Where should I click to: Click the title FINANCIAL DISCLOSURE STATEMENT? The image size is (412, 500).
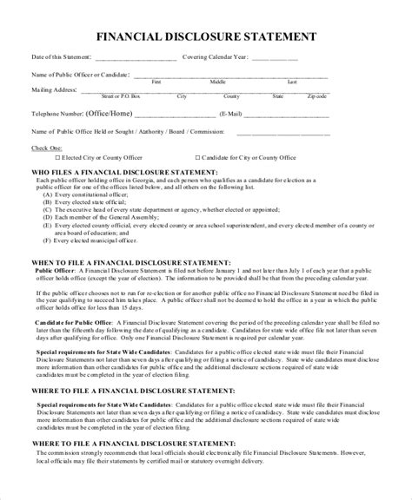tap(205, 37)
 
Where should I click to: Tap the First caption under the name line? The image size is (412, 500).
tap(156, 82)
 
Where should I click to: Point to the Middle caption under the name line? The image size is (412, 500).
tap(217, 82)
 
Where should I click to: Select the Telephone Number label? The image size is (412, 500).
tap(57, 114)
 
